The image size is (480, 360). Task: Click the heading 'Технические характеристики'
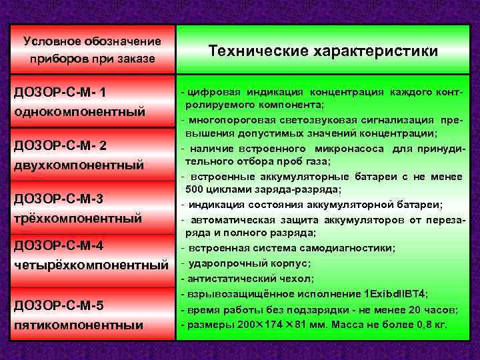tap(323, 51)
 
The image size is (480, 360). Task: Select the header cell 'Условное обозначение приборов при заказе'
tap(92, 50)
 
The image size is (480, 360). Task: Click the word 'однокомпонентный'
tap(79, 111)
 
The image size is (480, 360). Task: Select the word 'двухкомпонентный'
tap(79, 164)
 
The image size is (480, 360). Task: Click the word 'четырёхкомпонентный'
tap(91, 265)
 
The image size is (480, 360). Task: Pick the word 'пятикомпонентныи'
tap(79, 325)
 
